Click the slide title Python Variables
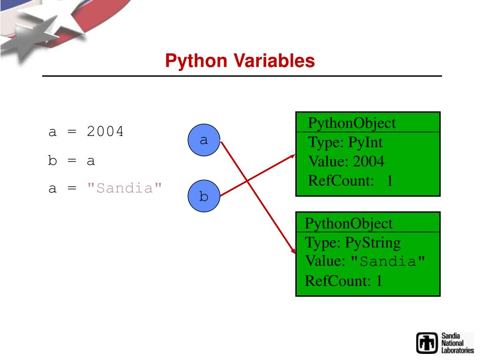click(x=240, y=61)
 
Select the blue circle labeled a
click(x=203, y=140)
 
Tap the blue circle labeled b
click(x=203, y=196)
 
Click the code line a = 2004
click(x=86, y=132)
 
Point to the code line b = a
click(x=72, y=161)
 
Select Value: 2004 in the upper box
click(x=346, y=162)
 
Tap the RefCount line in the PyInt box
click(x=350, y=180)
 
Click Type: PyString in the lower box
click(x=352, y=243)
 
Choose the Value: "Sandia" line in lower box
click(x=366, y=261)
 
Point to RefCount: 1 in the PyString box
click(x=344, y=281)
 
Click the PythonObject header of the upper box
click(x=352, y=123)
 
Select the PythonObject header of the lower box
click(x=349, y=223)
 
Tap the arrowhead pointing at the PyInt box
click(x=292, y=157)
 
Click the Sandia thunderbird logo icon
click(x=427, y=343)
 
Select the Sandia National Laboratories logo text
click(x=457, y=343)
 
